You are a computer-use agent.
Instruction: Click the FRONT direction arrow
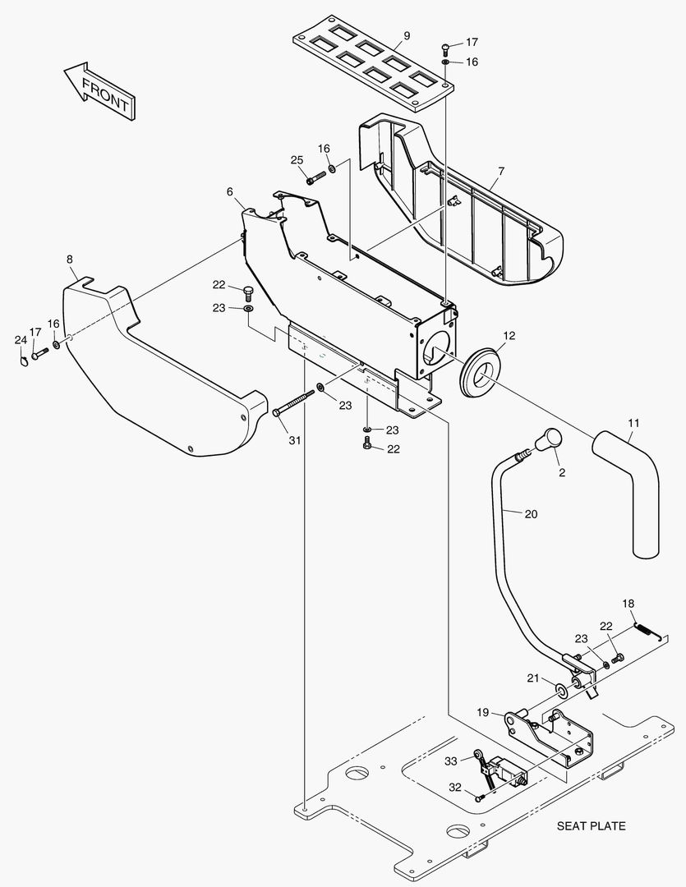(x=99, y=90)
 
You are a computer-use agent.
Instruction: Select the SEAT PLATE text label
(x=591, y=826)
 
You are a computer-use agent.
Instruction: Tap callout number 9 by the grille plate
(x=407, y=35)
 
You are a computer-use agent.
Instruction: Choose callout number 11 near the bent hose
(x=633, y=423)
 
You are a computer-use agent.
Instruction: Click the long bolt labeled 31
(x=293, y=402)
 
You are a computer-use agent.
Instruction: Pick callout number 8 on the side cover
(x=70, y=259)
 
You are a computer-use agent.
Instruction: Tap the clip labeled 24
(x=23, y=359)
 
